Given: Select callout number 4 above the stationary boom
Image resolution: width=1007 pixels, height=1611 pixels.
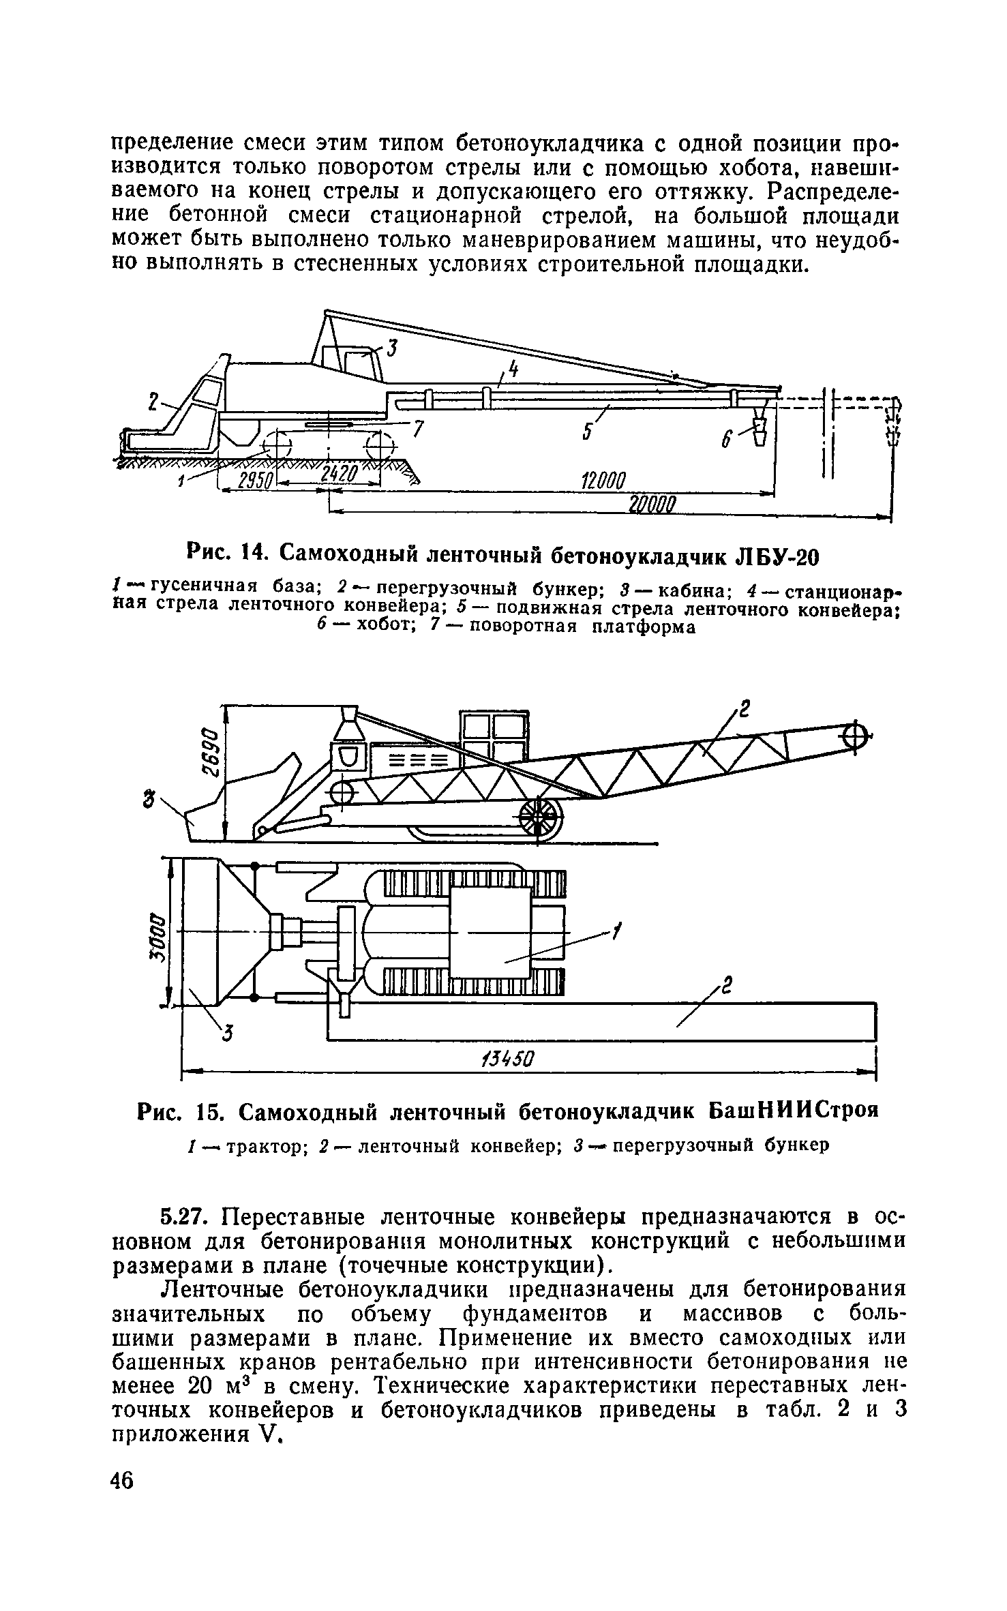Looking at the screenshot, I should (x=513, y=370).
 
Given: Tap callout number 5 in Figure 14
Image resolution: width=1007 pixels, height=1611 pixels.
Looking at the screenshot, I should (x=587, y=432).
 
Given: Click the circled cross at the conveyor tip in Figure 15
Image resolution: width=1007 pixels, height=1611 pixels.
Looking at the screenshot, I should (x=856, y=736).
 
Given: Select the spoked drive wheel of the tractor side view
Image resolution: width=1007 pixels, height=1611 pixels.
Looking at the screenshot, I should (x=541, y=815).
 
